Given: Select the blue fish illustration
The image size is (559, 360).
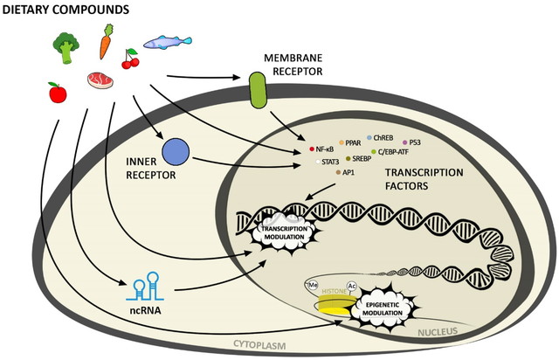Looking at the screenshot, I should point(167,41).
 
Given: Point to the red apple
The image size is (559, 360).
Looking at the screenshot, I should point(56,90).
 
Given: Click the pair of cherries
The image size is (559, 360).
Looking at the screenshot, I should point(131,61).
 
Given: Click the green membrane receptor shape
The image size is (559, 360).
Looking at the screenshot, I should point(257,91).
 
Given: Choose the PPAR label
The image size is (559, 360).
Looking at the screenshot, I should point(353,142).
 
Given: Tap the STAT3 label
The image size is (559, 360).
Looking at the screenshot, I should point(330,162).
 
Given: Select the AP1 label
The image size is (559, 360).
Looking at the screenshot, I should point(349,173).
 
